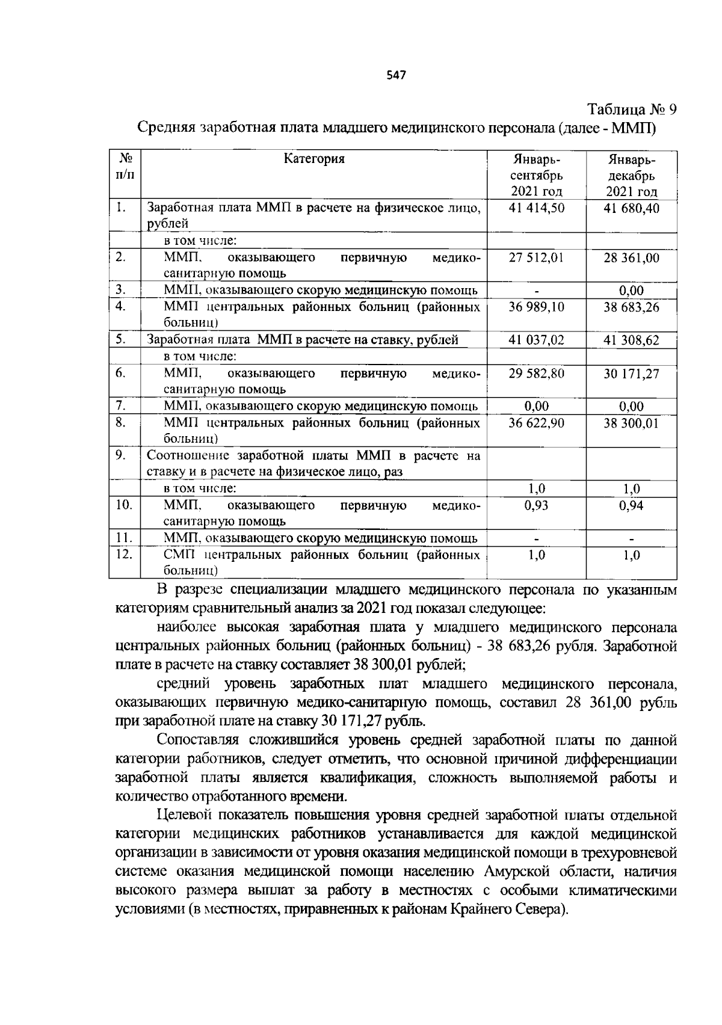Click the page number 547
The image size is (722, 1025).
coord(397,75)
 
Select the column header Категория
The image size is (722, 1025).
coord(314,159)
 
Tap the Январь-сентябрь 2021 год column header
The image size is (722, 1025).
coord(536,176)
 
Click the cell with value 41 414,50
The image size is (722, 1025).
coord(536,209)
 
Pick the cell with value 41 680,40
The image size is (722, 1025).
coord(631,209)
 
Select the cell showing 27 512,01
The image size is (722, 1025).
coord(536,258)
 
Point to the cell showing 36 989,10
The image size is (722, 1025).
coord(536,307)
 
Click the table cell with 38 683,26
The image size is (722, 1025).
coord(631,307)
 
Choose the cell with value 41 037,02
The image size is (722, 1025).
coord(536,340)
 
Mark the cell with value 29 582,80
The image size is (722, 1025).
coord(536,374)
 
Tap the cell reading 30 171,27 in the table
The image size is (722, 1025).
coord(631,374)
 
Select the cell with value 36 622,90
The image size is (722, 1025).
coord(536,423)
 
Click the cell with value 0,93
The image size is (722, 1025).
coord(536,506)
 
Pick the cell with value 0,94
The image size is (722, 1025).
coord(631,506)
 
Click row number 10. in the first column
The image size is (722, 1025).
coord(124,505)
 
